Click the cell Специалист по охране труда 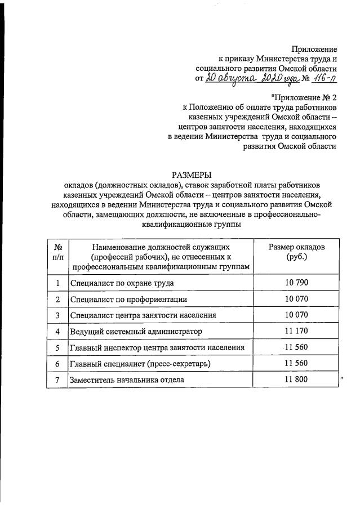(x=121, y=283)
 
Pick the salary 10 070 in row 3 (x=296, y=315)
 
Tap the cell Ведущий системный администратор (x=135, y=331)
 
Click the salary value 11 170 (x=296, y=331)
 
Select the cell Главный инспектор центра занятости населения (x=157, y=347)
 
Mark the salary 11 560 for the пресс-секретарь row (x=296, y=364)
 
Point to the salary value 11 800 (x=296, y=380)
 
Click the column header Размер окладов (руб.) (x=296, y=252)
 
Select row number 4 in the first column (x=57, y=331)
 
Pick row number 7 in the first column (x=57, y=380)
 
